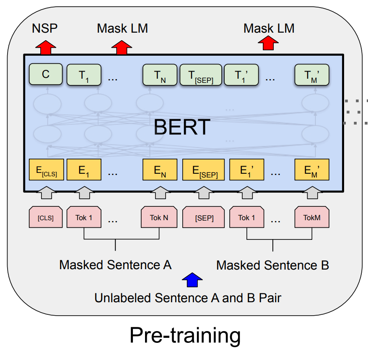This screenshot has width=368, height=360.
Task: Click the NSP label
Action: click(x=45, y=28)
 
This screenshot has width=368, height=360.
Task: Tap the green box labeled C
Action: click(x=46, y=75)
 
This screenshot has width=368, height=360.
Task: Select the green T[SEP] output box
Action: click(x=200, y=75)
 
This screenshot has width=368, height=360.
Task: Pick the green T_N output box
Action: click(x=160, y=75)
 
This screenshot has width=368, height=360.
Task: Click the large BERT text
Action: click(x=181, y=127)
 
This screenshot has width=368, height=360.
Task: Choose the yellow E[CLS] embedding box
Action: click(x=46, y=170)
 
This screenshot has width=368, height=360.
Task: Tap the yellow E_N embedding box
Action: click(x=160, y=170)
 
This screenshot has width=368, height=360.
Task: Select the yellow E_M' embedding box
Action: click(x=312, y=170)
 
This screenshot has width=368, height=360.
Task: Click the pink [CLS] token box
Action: click(x=46, y=217)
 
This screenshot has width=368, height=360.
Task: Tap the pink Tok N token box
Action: click(x=159, y=217)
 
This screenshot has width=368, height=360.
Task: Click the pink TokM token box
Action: click(x=312, y=217)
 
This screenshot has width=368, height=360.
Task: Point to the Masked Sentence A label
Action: click(x=115, y=265)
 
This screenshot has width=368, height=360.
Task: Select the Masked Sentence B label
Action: click(x=273, y=265)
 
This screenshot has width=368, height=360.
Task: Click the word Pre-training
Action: click(x=185, y=335)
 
